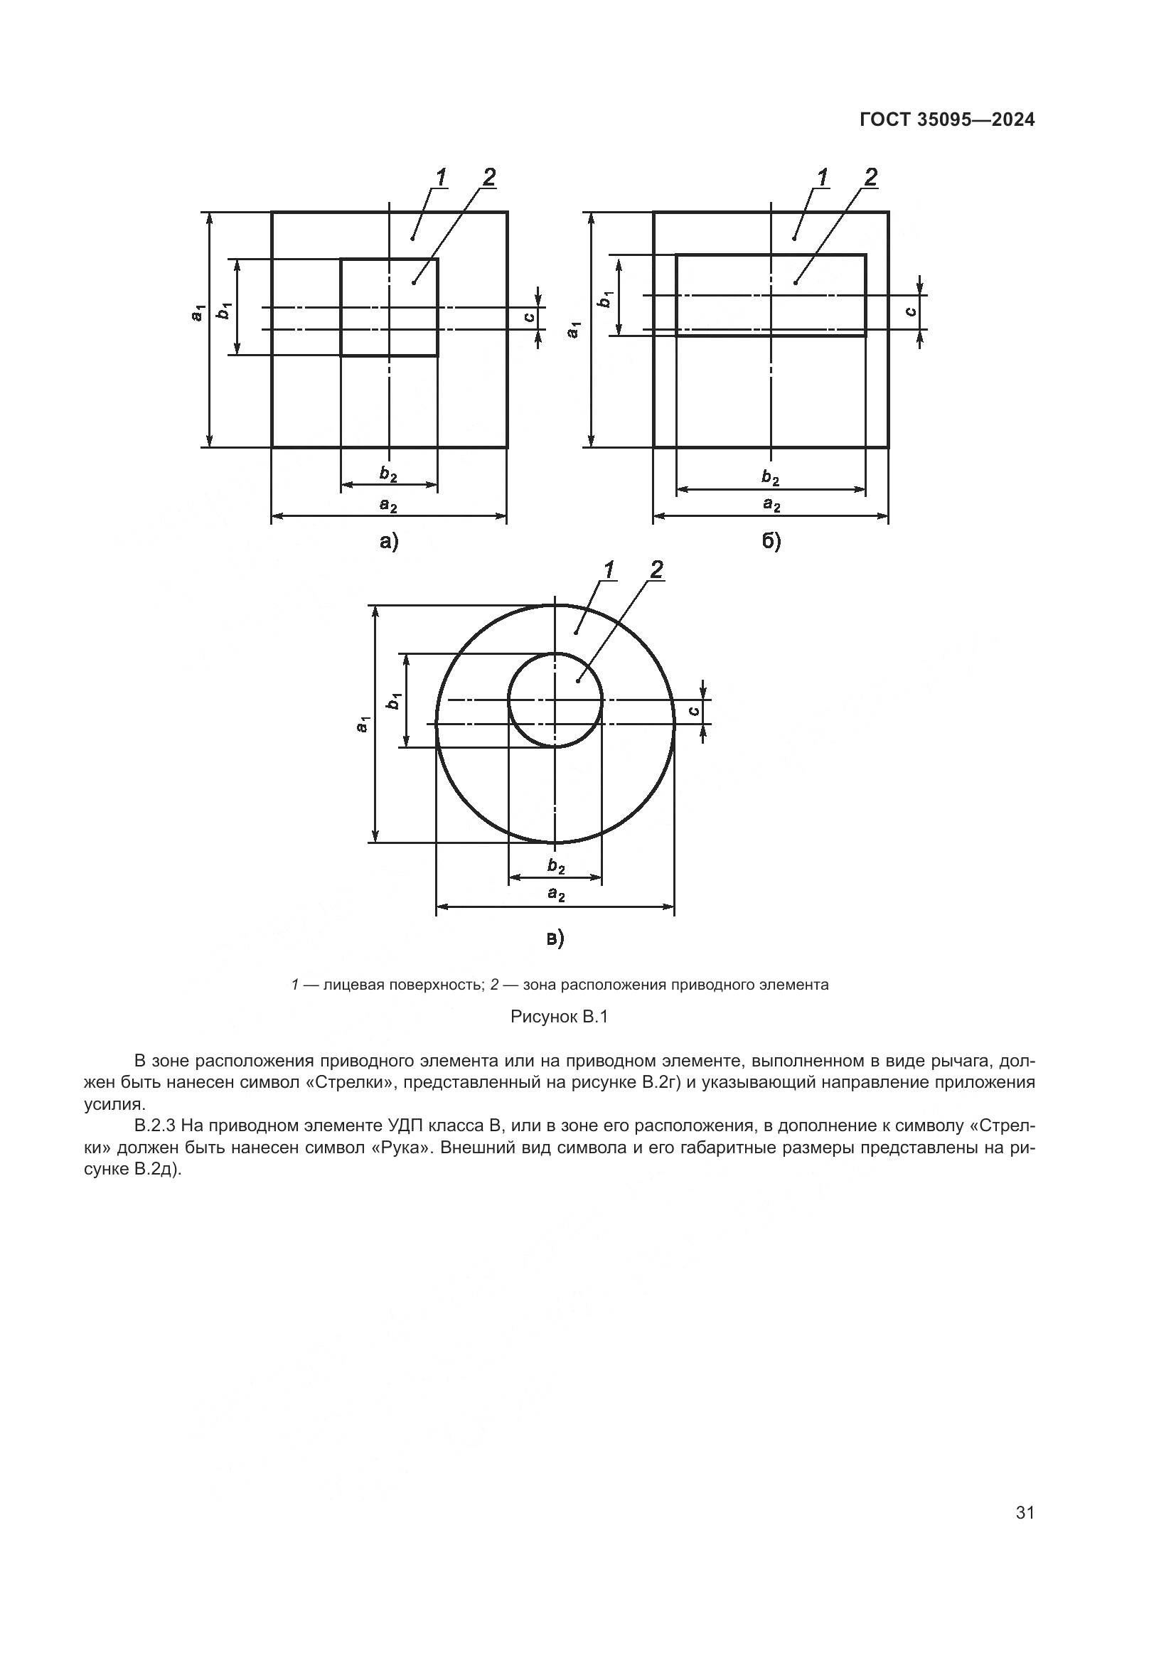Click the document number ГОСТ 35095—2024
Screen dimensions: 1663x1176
tap(946, 120)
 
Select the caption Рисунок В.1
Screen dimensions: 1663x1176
tap(559, 1017)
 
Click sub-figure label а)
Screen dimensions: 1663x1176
tap(389, 542)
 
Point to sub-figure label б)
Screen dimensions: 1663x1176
tap(771, 542)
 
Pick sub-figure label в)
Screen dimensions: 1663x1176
tap(555, 939)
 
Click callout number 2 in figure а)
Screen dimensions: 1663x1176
tap(488, 177)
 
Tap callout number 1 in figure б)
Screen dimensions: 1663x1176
tap(823, 177)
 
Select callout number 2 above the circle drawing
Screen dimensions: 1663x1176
tap(656, 570)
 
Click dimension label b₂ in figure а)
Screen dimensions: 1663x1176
tap(389, 474)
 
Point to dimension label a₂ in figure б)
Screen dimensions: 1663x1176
tap(771, 505)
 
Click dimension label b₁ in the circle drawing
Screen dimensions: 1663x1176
tap(394, 700)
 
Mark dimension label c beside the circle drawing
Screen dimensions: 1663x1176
tap(694, 711)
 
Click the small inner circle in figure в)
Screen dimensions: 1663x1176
tap(510, 700)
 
